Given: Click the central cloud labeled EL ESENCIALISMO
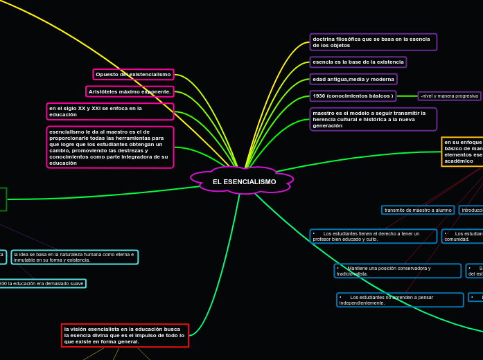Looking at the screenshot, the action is coord(243,181).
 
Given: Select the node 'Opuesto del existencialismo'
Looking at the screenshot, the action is coord(133,74).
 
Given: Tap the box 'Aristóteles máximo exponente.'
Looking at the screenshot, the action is coord(130,91).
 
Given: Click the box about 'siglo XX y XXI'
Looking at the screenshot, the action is coord(110,111).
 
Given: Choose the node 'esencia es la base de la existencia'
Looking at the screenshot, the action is coord(358,62).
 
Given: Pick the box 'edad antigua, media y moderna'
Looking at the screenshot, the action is coord(353,79).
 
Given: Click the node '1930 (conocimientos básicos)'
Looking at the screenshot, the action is coord(353,96).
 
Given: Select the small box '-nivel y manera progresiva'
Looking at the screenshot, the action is coord(449,96).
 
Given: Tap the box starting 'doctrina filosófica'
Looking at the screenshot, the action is coord(373,42).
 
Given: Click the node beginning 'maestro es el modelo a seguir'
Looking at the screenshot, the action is coord(373,119).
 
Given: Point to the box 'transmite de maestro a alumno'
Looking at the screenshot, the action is coord(418,210).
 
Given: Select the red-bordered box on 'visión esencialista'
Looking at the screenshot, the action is coord(125,335).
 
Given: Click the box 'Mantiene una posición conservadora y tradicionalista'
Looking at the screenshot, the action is coord(397,271).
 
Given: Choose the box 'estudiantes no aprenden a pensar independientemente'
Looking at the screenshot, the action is coord(400,300).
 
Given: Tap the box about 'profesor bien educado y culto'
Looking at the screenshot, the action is coord(373,236).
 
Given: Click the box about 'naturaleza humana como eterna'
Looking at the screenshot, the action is coord(74,257).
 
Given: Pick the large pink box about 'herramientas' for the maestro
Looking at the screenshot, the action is coord(109,147).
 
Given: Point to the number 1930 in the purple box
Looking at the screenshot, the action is coord(319,96).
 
